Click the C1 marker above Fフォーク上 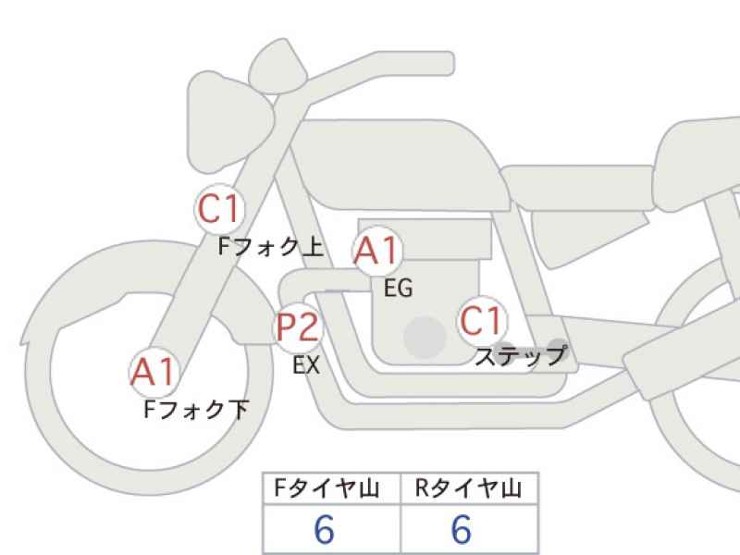(219, 209)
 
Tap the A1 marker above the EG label (377, 250)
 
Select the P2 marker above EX (298, 327)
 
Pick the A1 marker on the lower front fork (154, 373)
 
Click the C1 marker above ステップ (482, 321)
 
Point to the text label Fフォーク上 (271, 247)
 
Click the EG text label (399, 288)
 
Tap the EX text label (306, 364)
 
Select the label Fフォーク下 (196, 409)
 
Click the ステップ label (521, 356)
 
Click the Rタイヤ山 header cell (469, 488)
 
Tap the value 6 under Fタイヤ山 (325, 529)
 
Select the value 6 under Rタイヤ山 (461, 529)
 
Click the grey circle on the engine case (425, 337)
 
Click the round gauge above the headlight (277, 66)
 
